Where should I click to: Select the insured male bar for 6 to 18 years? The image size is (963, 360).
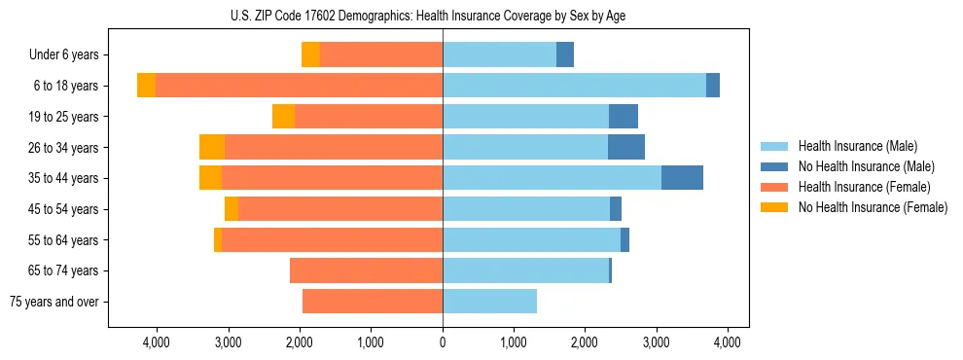tap(574, 86)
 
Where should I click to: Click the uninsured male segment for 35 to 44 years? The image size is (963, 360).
tap(682, 178)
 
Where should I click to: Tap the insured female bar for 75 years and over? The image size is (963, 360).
tap(373, 302)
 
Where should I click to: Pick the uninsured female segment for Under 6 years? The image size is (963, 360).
tap(310, 54)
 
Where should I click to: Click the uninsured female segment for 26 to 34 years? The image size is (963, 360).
tap(212, 147)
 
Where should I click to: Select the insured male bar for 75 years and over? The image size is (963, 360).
tap(489, 302)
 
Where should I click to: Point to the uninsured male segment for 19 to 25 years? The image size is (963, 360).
tap(624, 117)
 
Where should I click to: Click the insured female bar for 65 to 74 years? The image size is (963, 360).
tap(366, 270)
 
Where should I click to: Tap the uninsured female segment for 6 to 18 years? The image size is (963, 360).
tap(146, 86)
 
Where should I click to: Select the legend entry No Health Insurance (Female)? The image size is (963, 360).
tap(872, 207)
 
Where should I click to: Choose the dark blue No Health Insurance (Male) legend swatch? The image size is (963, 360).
tap(774, 166)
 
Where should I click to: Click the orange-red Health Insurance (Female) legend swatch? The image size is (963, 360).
tap(774, 187)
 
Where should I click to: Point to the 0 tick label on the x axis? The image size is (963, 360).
tap(443, 342)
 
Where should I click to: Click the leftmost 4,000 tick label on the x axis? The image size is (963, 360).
tap(157, 342)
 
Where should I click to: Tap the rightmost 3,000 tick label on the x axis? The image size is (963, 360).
tap(657, 342)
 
